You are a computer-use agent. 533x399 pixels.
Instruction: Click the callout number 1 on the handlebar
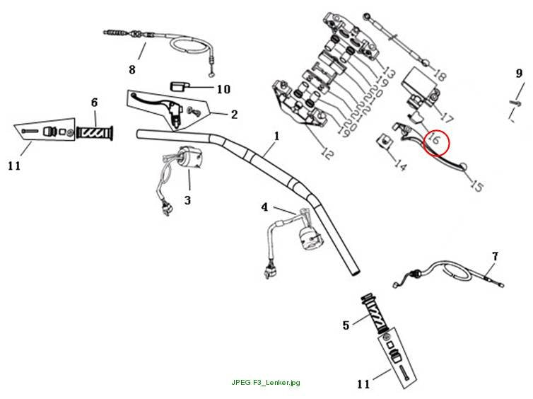click(276, 136)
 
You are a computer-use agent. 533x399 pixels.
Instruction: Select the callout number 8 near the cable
click(132, 70)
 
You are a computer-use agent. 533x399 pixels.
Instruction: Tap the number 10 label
click(223, 89)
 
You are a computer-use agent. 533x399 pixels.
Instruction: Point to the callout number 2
click(234, 115)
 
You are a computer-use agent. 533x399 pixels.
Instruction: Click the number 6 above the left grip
click(94, 102)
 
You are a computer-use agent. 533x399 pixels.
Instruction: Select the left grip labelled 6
click(94, 133)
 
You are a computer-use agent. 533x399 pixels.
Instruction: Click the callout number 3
click(187, 200)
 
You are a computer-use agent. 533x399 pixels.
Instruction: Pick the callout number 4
click(264, 207)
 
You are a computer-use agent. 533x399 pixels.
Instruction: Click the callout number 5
click(346, 325)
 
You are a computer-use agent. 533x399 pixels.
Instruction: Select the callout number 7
click(496, 256)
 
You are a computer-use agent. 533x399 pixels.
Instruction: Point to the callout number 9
click(519, 73)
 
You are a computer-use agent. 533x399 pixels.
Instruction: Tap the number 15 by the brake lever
click(476, 186)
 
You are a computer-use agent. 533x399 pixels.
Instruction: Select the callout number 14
click(400, 165)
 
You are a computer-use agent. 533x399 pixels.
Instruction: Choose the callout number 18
click(439, 76)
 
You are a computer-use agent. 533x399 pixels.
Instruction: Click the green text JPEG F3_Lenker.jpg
click(266, 382)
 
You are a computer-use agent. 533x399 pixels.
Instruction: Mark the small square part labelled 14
click(384, 140)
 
